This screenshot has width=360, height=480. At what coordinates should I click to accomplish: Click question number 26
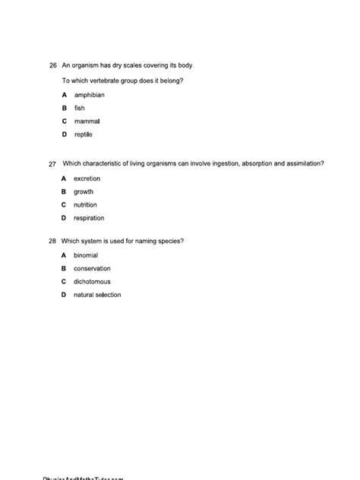52,66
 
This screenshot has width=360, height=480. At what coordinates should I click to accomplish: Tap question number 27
52,163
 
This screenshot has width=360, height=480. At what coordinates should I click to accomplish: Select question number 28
52,241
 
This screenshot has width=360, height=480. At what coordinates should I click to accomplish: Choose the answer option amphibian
89,95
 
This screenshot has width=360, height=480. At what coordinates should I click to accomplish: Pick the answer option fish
79,108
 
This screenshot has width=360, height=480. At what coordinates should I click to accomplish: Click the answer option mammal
87,122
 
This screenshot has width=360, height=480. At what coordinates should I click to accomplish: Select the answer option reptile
84,134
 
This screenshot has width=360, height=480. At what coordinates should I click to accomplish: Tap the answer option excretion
87,178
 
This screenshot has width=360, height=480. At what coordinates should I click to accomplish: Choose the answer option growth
84,191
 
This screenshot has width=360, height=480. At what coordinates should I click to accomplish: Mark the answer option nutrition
85,205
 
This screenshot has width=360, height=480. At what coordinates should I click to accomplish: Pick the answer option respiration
89,218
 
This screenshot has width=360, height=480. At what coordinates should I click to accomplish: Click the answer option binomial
86,255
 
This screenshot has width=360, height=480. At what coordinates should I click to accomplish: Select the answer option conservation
92,268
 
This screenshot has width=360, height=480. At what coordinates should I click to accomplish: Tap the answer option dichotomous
92,282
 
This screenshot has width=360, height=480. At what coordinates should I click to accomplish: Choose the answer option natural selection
97,295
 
